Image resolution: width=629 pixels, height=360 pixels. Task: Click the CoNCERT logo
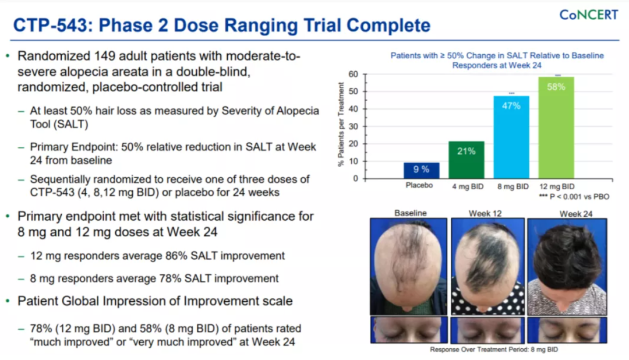pos(588,15)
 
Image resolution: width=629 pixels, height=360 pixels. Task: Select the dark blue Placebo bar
pos(421,171)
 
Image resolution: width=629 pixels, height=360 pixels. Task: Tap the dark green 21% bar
pos(466,160)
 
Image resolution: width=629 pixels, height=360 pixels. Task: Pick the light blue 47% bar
pos(511,137)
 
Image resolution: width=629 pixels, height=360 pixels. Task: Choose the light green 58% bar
pos(556,128)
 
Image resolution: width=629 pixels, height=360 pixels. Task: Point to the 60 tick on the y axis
pos(353,74)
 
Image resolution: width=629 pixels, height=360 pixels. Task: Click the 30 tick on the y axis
pos(353,126)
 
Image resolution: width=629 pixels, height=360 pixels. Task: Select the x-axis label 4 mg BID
pos(468,186)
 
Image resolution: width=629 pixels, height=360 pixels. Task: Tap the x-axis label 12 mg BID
pos(557,186)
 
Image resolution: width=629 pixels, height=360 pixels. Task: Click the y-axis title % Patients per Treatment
pos(341,125)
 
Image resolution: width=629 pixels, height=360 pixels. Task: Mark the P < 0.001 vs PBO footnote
pos(574,197)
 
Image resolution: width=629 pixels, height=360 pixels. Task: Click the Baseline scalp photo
pos(408,266)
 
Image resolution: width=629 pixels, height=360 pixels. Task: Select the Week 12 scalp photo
pos(487,266)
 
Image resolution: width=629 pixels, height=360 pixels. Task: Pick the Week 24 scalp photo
pos(567,266)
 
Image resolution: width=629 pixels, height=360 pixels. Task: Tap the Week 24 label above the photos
pos(576,214)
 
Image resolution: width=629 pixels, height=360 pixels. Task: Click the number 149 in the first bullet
pos(107,56)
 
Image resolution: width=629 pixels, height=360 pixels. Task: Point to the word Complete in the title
pos(388,25)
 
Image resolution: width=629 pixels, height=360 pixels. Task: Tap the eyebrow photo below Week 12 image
pos(487,330)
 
